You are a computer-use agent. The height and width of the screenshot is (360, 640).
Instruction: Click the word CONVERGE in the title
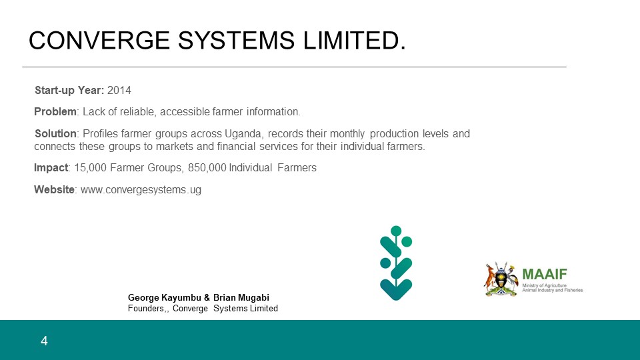click(99, 41)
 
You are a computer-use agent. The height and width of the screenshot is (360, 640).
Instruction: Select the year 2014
click(119, 90)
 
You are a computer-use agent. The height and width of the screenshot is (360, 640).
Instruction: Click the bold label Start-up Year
click(69, 90)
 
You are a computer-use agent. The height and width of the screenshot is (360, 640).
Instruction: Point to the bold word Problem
click(55, 111)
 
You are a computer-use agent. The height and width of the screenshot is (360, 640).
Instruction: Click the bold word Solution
click(55, 133)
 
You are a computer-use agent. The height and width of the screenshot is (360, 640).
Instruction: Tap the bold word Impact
click(51, 168)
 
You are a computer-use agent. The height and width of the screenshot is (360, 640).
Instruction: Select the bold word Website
click(54, 189)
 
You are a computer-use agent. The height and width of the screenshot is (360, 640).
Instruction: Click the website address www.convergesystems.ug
click(141, 190)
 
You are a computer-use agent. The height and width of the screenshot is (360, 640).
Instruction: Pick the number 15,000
click(90, 168)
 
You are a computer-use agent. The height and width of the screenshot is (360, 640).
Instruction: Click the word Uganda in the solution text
click(243, 134)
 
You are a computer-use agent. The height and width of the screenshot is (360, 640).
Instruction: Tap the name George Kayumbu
click(165, 297)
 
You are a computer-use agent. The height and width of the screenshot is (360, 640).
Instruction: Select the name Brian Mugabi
click(241, 297)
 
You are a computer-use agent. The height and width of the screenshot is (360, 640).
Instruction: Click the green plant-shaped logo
click(396, 263)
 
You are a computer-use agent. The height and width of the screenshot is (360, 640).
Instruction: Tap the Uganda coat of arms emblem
click(501, 279)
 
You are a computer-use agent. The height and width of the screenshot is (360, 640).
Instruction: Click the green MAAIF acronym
click(545, 274)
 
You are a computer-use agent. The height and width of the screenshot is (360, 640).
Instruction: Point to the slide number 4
click(44, 341)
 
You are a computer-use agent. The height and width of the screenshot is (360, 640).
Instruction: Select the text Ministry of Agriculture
click(544, 285)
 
